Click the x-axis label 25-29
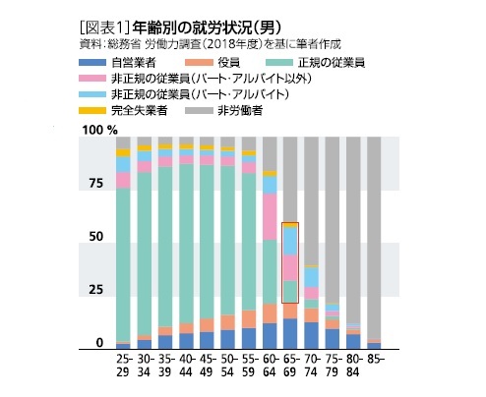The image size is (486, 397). (x=123, y=368)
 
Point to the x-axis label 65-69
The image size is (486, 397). (x=289, y=368)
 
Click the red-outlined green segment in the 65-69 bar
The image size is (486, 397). (x=290, y=292)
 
